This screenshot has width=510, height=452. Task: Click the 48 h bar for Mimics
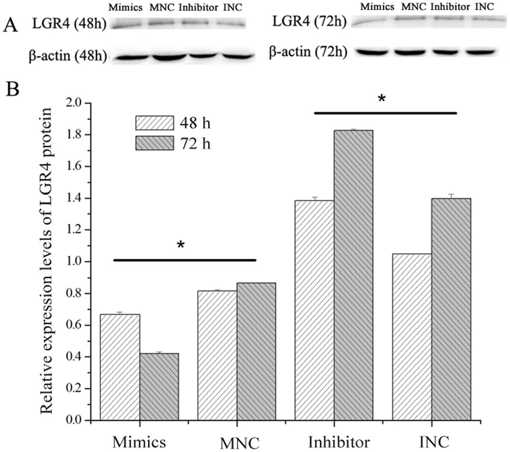point(120,367)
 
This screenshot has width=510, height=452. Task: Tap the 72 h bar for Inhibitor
point(353,275)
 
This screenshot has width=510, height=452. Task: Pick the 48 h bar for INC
point(412,337)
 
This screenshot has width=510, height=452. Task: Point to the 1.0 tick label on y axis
point(74,262)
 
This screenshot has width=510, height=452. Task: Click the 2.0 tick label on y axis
point(74,103)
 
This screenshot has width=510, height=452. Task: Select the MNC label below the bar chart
point(237,441)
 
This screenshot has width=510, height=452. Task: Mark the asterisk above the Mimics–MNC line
point(180,245)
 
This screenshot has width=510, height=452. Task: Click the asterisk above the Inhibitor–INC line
point(381,98)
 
